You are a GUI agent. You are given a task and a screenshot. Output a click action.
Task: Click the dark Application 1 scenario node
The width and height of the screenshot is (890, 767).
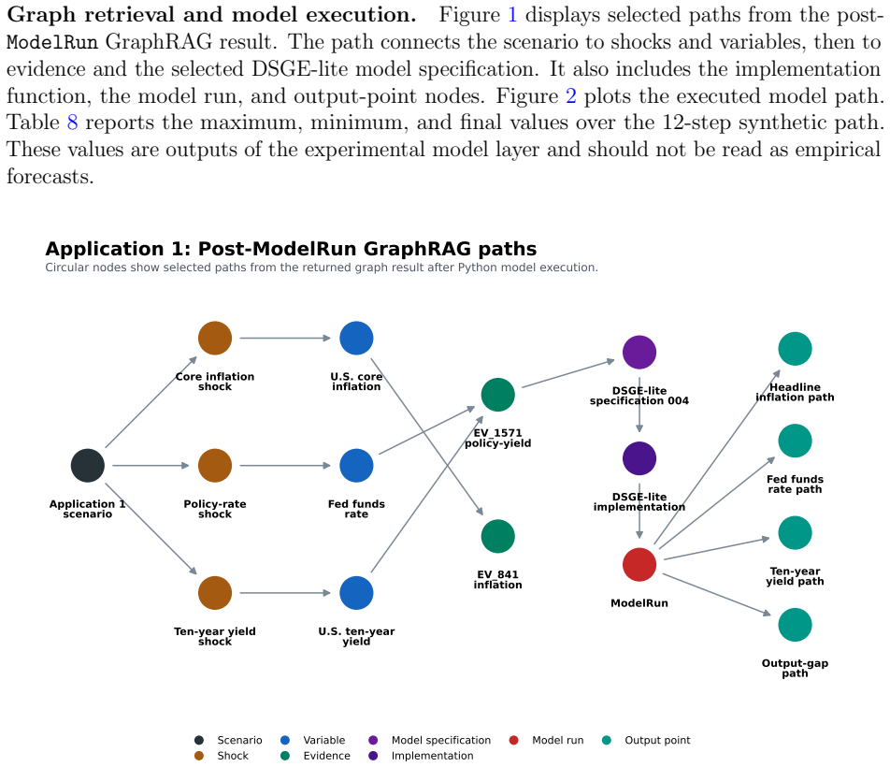click(x=88, y=466)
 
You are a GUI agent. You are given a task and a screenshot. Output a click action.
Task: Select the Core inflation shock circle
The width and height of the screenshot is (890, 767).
click(x=215, y=339)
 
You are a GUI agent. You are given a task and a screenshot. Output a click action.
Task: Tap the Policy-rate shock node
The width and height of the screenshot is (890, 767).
click(x=215, y=466)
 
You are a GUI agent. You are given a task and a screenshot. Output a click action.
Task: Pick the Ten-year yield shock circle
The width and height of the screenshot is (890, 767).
click(x=215, y=593)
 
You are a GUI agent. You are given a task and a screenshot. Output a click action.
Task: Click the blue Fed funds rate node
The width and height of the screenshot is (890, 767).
click(x=356, y=466)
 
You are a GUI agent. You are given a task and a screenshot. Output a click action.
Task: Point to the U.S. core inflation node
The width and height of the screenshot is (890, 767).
click(x=356, y=339)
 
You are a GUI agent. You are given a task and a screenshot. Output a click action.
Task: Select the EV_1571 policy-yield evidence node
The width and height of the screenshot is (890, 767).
click(x=497, y=395)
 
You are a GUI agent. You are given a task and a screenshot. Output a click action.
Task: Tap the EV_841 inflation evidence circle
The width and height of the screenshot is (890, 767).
click(x=497, y=537)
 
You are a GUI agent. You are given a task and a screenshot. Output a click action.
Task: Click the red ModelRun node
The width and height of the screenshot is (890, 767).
click(x=639, y=565)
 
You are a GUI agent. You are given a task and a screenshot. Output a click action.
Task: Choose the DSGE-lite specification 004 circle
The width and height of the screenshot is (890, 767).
click(x=639, y=353)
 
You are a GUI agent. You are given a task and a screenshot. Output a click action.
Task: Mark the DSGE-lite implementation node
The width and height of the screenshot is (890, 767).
click(x=639, y=458)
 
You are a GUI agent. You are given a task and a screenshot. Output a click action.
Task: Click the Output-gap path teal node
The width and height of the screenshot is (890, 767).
click(x=795, y=625)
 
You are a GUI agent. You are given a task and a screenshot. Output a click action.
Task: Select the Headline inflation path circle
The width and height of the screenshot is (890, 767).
click(x=795, y=349)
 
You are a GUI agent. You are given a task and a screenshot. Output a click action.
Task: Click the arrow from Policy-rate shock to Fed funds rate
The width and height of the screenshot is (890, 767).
click(x=285, y=466)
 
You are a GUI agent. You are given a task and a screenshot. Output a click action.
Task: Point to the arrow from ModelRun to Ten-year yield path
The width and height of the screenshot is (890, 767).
click(x=717, y=548)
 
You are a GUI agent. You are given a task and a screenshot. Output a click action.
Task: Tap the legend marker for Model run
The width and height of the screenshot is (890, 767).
click(x=513, y=740)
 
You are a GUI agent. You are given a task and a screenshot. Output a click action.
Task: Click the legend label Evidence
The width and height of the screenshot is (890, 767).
click(x=327, y=756)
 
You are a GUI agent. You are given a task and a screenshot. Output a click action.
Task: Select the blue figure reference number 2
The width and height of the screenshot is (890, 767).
click(x=571, y=95)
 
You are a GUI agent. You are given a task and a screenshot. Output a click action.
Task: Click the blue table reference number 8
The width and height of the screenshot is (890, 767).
click(x=72, y=122)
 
